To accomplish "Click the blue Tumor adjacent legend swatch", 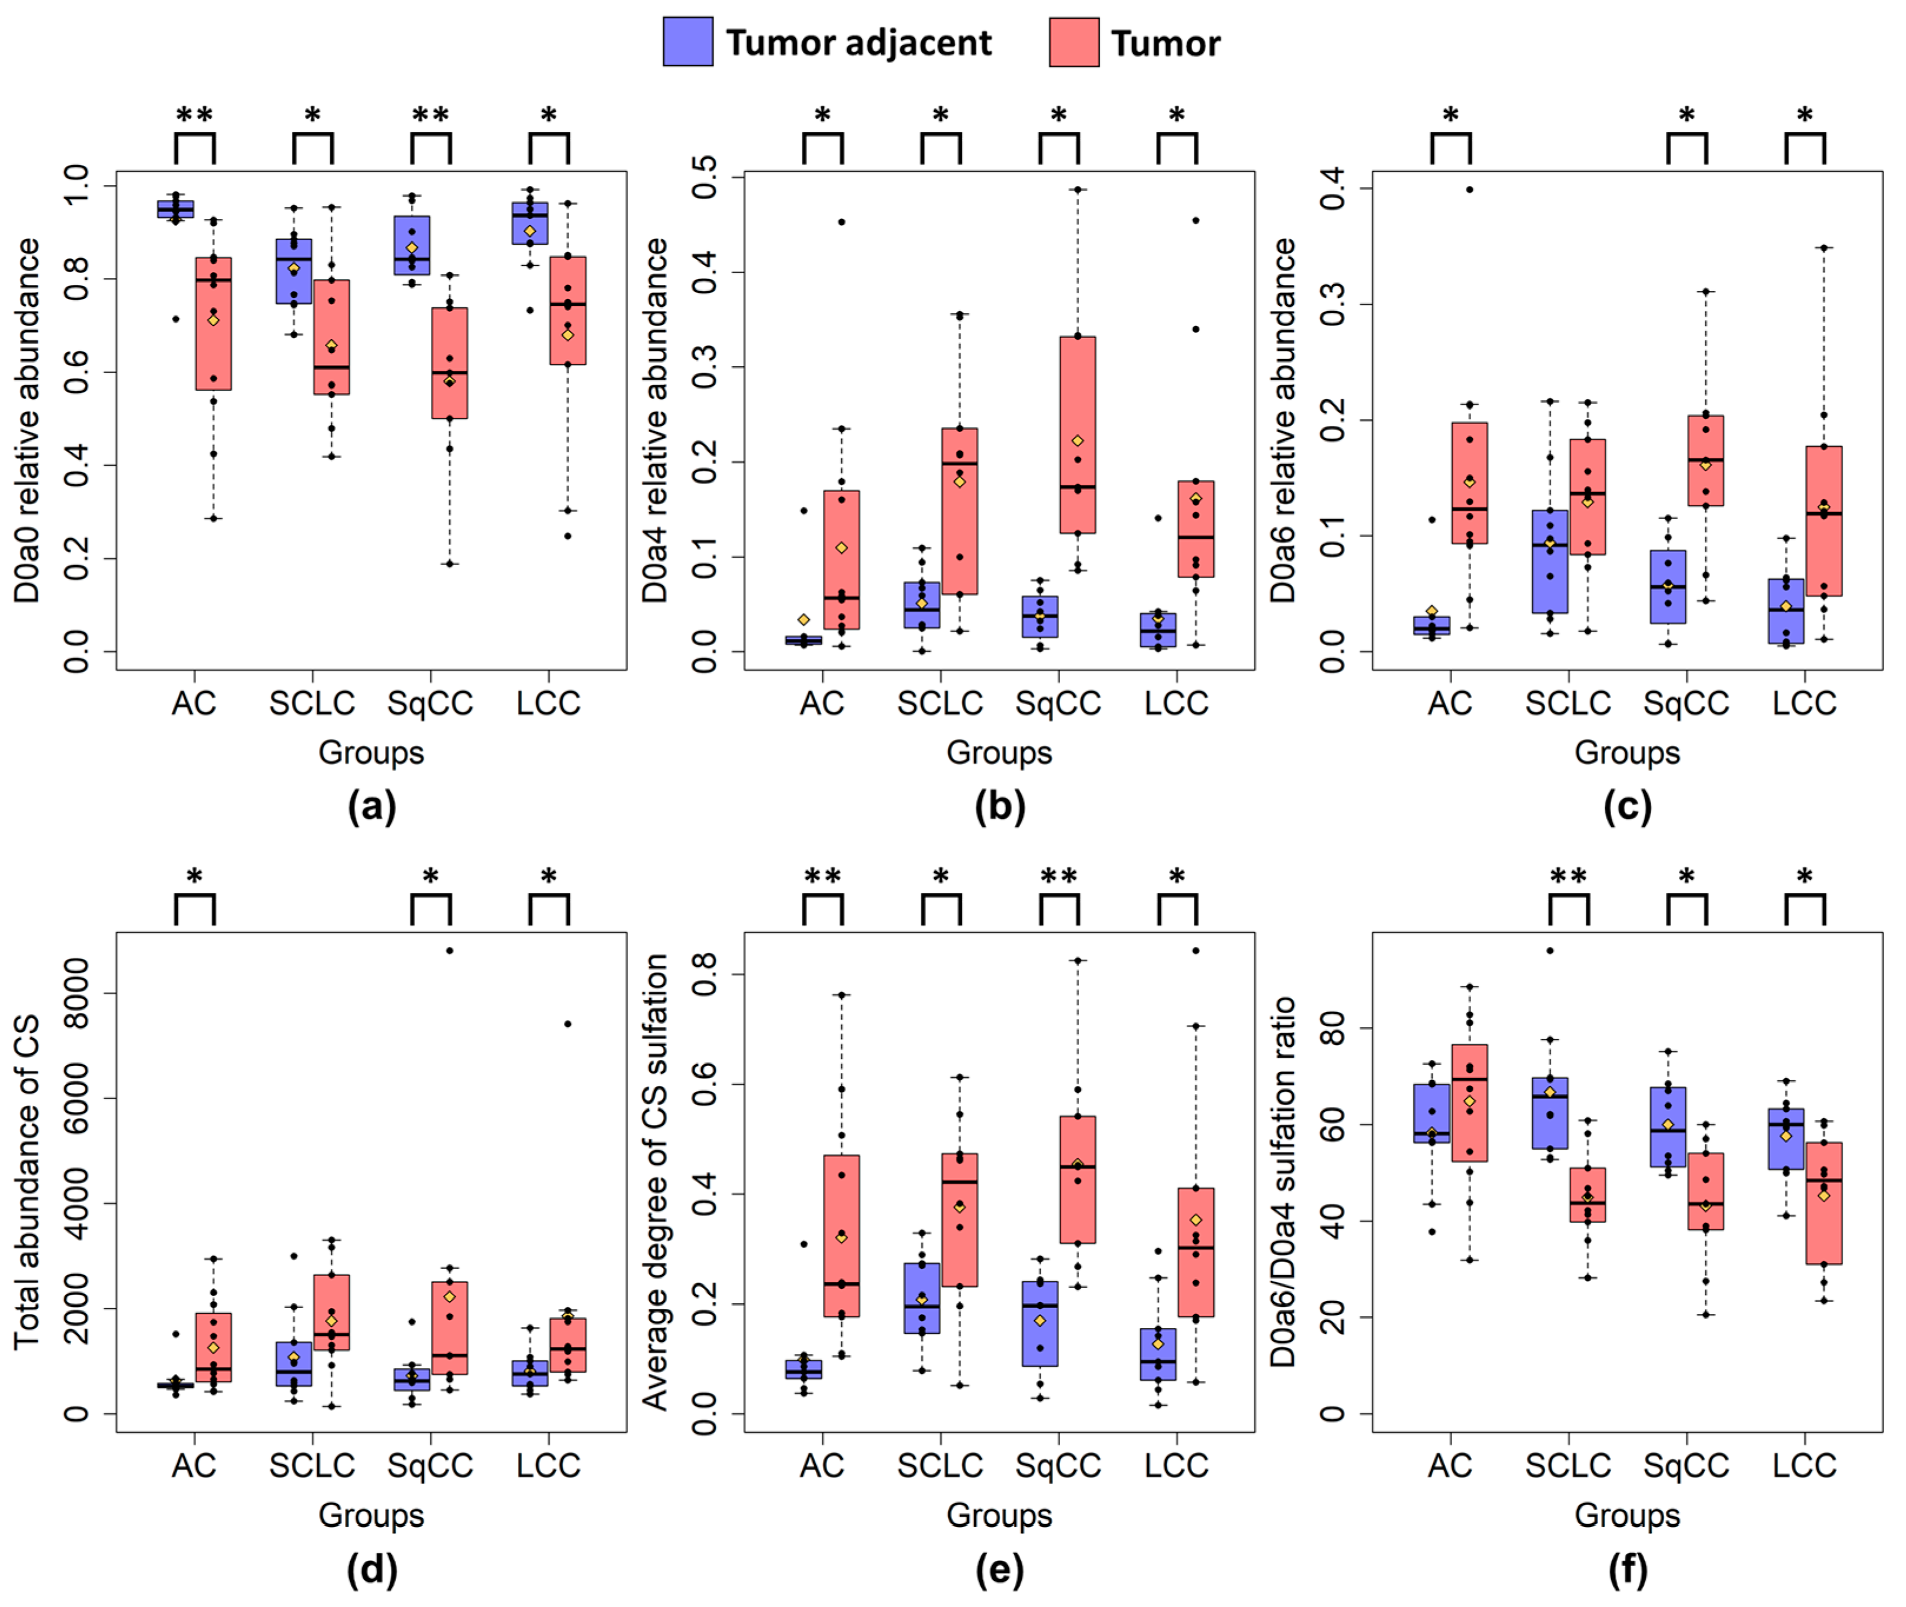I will [x=688, y=42].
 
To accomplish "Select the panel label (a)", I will [x=372, y=807].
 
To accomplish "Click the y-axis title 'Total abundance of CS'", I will [x=27, y=1181].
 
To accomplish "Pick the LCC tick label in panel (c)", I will [x=1804, y=703].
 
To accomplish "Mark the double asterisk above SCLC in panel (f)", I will [x=1568, y=877].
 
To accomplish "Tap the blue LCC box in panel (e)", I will [x=1158, y=1354].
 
